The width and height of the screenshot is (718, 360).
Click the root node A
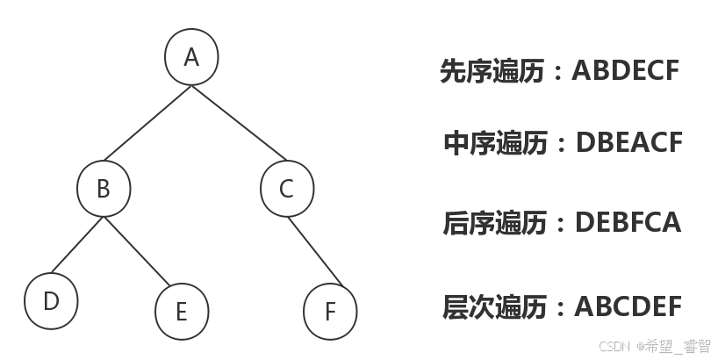point(191,57)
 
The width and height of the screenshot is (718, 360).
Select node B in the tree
point(104,188)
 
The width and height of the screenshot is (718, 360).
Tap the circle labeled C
point(287,188)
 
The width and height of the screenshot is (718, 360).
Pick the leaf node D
point(51,301)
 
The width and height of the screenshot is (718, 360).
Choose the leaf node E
point(182,312)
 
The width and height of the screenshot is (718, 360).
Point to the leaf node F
point(330,312)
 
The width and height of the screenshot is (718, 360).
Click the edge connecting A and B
point(147,123)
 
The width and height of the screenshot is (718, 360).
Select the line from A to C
point(240,123)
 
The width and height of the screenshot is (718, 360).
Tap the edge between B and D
point(77,245)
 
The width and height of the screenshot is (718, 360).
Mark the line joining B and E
point(136,250)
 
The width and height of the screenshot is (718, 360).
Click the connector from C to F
point(315,251)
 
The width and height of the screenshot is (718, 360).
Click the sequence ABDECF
point(625,70)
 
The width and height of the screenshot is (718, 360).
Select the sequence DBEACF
point(629,142)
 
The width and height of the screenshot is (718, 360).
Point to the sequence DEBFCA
point(628,222)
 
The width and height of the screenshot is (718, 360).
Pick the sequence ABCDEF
point(628,306)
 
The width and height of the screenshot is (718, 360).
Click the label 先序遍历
point(492,71)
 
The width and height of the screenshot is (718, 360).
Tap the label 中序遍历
point(495,142)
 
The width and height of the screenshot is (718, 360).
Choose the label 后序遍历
point(494,223)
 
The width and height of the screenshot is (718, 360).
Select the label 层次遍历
point(494,306)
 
